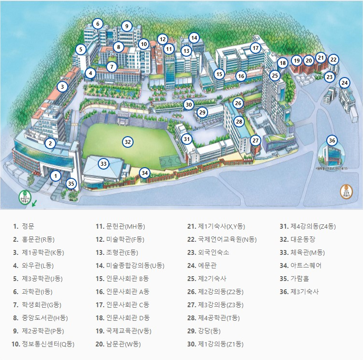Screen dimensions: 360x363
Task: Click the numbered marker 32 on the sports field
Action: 127,142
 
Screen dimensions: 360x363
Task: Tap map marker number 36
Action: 332,141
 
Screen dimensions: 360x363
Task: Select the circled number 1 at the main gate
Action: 56,176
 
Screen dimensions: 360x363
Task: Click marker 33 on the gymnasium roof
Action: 103,164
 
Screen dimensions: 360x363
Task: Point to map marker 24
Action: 344,83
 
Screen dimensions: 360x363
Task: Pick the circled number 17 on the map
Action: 256,48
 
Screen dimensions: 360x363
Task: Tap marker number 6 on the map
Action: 98,24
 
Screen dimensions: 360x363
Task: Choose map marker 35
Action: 71,184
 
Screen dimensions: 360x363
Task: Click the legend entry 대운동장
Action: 304,239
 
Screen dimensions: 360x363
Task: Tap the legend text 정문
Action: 28,226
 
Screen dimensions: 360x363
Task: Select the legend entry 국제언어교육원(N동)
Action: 227,239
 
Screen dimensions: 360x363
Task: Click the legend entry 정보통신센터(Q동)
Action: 48,344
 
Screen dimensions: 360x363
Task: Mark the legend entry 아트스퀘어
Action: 306,266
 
